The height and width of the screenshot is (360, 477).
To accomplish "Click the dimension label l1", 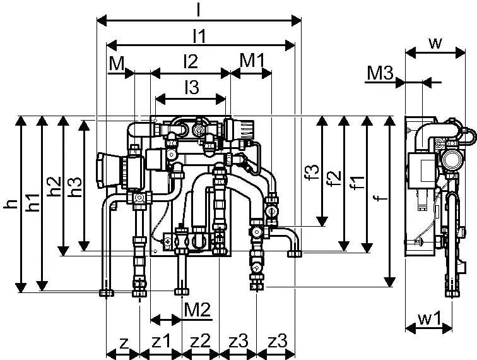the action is click(199, 36).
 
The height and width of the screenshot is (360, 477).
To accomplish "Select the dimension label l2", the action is click(191, 61).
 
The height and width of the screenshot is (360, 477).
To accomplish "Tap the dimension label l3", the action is click(192, 87).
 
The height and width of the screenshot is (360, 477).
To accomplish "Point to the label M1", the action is click(252, 60).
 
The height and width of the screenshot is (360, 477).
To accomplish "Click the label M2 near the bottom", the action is click(197, 310).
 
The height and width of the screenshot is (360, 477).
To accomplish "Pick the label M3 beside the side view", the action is click(380, 73).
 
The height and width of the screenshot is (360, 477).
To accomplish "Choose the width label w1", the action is click(430, 319).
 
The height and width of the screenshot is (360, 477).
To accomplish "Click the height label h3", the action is click(75, 186).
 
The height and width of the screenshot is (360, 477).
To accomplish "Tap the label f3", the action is click(313, 172).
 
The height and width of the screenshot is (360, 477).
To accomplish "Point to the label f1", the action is click(357, 182).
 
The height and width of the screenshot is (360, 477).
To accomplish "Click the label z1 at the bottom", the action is click(161, 341).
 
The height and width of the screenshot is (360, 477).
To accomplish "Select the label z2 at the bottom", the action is click(200, 341).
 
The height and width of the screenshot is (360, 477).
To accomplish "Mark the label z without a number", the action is click(124, 343).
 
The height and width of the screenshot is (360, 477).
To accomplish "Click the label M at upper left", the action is click(117, 63).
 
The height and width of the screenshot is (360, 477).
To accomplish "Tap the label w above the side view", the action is click(435, 43).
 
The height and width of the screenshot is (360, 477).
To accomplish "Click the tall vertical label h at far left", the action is click(10, 203).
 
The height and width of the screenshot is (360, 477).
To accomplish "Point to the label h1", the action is click(33, 202).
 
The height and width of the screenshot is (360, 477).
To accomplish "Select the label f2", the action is click(334, 178).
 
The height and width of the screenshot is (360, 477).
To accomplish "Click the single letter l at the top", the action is click(198, 9).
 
